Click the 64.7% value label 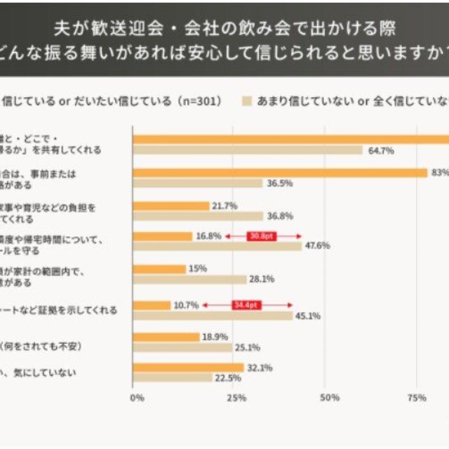(380, 150)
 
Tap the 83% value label (440, 173)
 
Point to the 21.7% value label (225, 206)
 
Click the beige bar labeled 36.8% (198, 217)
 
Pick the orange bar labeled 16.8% (163, 236)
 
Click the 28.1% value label (262, 279)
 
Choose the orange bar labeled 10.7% (152, 305)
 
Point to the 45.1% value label (307, 316)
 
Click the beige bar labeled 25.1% (182, 347)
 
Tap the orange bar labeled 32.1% (188, 368)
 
